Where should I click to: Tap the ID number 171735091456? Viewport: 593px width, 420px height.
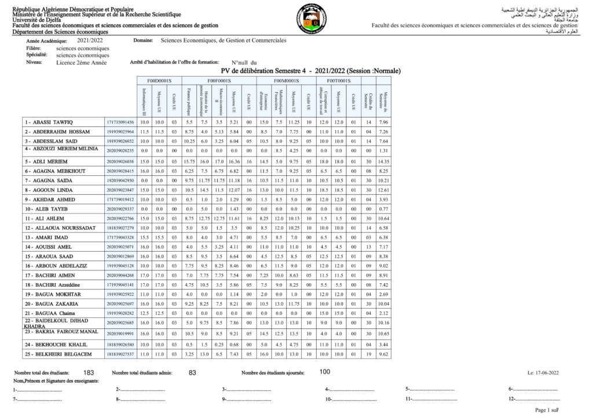[120, 122]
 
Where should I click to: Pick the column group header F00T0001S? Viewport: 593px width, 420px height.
[338, 81]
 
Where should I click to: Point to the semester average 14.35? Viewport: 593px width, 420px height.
[383, 161]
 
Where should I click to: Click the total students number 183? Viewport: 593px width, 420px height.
[89, 372]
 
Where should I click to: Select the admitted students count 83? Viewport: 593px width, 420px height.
[193, 372]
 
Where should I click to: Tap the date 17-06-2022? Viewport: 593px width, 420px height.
[544, 373]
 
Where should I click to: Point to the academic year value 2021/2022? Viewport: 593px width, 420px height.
[90, 41]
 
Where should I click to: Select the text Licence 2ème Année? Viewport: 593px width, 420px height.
[81, 63]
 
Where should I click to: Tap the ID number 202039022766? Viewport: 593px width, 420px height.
[120, 219]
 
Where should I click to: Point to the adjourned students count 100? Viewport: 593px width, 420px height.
[325, 372]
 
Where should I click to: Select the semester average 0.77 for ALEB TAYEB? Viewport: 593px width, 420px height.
[383, 209]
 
